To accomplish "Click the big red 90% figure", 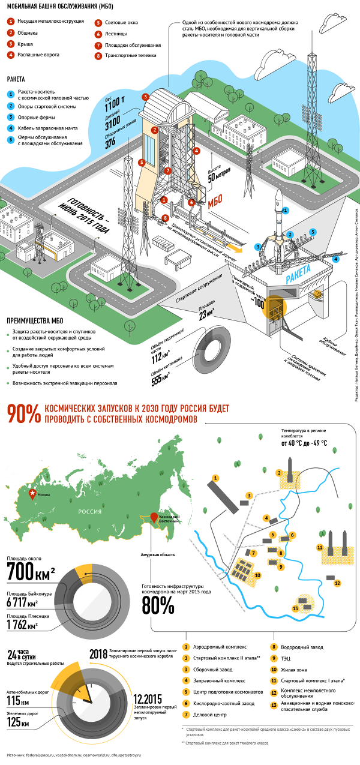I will tap(23, 414).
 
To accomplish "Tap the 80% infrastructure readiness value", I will tap(158, 605).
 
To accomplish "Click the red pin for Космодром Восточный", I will tap(154, 517).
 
